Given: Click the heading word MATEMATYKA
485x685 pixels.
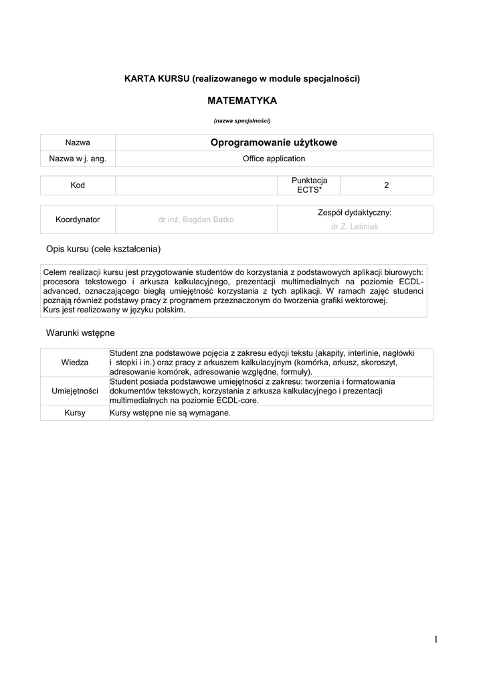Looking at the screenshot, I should tap(242, 101).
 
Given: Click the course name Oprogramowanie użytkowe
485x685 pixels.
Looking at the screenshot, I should tap(274, 142).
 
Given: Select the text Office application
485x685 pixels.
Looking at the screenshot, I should tap(274, 159).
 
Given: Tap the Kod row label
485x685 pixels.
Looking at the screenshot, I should tap(78, 185).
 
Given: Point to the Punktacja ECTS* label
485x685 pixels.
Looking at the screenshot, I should tap(309, 185).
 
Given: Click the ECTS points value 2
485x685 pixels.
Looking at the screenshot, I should tap(386, 185).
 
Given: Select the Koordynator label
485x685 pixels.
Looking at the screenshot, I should tap(78, 219).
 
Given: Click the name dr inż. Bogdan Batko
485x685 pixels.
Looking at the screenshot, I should tap(196, 219).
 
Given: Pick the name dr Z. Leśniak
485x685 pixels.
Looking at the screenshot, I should tap(355, 227).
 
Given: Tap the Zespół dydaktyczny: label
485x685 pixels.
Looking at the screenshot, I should tap(355, 213).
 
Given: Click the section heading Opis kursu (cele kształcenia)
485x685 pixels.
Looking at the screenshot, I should tap(104, 249).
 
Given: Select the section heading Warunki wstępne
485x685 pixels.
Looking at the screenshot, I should tap(80, 332).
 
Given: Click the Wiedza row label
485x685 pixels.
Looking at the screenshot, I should tap(75, 362).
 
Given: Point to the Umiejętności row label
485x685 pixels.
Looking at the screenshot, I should tap(75, 391).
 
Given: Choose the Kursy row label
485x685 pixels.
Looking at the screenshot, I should tap(75, 413).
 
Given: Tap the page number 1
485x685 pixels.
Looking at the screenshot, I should tap(435, 640).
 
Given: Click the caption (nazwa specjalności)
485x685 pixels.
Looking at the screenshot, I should tap(242, 121).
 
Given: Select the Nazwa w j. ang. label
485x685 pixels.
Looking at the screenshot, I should tap(78, 159).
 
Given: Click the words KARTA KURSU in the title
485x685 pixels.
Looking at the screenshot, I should tap(157, 79).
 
